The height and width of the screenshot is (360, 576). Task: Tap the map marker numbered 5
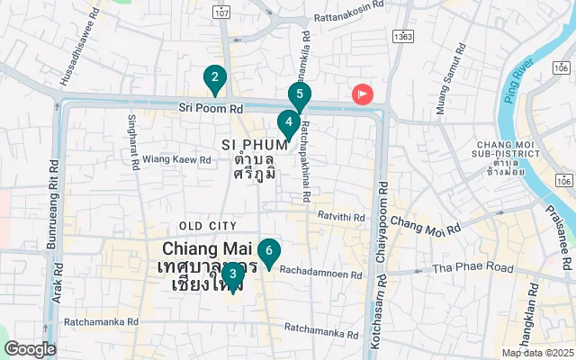click(x=300, y=94)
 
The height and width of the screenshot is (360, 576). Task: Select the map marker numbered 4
click(x=288, y=122)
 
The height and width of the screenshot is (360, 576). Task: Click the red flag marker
click(x=363, y=94)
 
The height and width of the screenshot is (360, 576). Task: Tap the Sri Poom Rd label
click(x=211, y=108)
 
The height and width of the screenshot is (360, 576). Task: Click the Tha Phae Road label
click(x=472, y=268)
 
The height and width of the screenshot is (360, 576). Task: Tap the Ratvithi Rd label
click(x=341, y=216)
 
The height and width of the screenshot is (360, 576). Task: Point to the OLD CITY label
click(x=208, y=226)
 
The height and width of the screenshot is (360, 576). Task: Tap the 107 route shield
click(x=222, y=12)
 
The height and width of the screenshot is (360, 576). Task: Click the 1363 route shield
click(x=402, y=37)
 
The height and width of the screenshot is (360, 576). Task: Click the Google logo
click(x=30, y=349)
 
